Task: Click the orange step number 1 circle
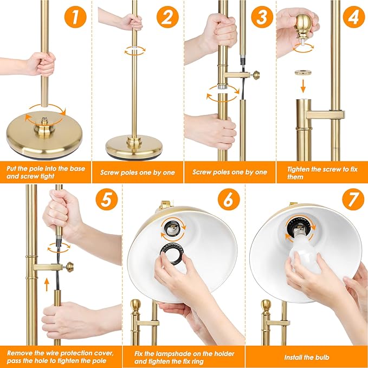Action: pos(75,17)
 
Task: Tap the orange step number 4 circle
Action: pos(354,17)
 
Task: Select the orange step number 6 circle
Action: pos(229,199)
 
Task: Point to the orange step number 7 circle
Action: pos(353,199)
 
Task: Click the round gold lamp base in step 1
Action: pos(44,136)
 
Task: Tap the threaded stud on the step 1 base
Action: pos(44,121)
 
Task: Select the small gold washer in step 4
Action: pos(303,73)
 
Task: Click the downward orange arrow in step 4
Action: pos(303,86)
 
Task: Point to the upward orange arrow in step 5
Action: pos(47,284)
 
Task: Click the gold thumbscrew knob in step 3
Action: pos(256,75)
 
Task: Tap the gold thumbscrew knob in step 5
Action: pos(70,267)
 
